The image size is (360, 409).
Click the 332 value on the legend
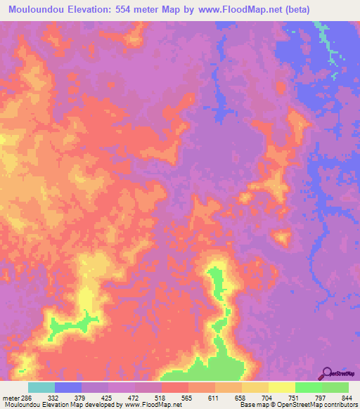pos(53,397)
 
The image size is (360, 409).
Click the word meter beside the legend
pos(10,397)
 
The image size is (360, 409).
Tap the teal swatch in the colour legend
pos(41,387)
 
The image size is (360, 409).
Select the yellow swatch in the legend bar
pos(281,387)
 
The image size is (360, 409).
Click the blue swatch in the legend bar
pos(68,387)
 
